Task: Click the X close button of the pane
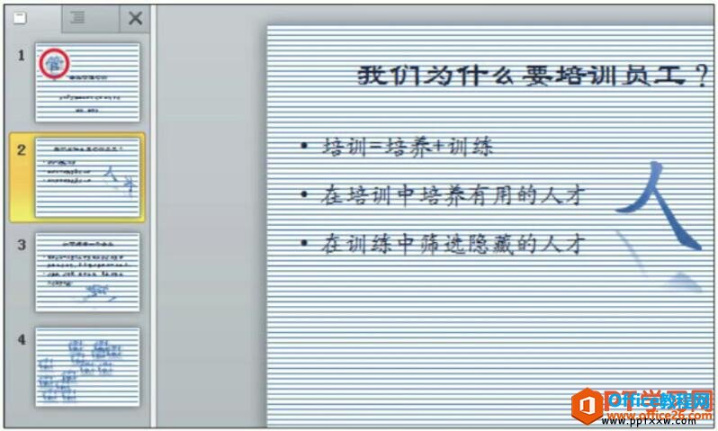[135, 17]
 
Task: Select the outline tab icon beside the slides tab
[78, 16]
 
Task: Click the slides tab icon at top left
[21, 16]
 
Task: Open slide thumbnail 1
[87, 82]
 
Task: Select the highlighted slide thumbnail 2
[87, 177]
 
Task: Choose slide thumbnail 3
[87, 272]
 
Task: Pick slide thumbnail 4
[87, 366]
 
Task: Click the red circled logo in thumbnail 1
[53, 60]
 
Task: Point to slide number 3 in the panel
[21, 241]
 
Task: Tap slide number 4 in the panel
[21, 339]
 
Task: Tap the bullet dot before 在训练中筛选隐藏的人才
[305, 243]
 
